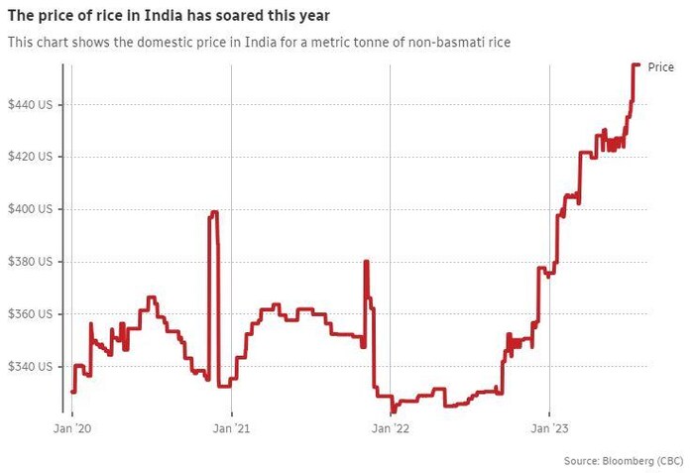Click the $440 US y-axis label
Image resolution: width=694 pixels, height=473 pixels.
(31, 104)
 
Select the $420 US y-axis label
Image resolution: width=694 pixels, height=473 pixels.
(31, 157)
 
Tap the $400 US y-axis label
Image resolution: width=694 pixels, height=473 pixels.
(31, 209)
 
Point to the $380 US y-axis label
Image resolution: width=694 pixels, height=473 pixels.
(31, 262)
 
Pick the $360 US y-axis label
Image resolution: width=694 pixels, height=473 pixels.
(31, 314)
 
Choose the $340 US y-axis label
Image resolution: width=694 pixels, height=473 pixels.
(31, 367)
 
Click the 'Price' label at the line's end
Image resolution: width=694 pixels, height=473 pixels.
(660, 66)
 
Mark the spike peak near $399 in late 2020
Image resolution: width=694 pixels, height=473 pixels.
(213, 212)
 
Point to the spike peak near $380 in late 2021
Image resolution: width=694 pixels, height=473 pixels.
(367, 261)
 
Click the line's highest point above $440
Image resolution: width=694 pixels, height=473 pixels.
(636, 64)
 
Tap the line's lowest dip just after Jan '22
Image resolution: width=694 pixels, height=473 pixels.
(393, 411)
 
